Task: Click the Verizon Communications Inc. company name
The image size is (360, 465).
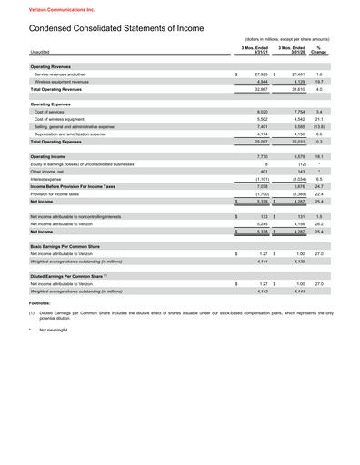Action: pos(42,7)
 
